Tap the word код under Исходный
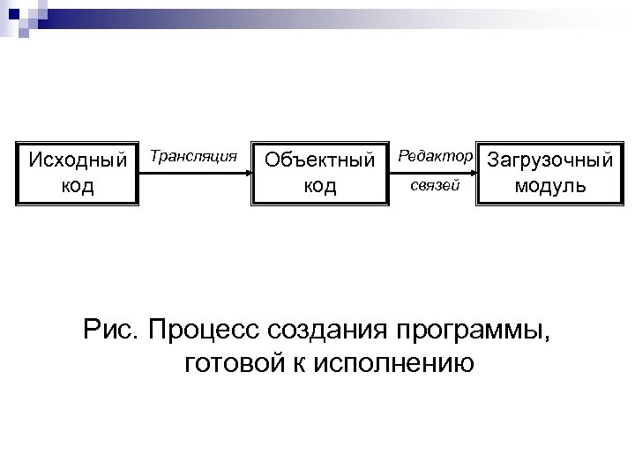click(78, 186)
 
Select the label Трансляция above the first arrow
click(194, 156)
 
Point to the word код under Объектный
click(320, 186)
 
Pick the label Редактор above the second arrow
click(434, 156)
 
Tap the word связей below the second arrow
click(434, 186)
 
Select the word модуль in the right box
click(549, 186)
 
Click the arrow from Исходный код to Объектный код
click(194, 174)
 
